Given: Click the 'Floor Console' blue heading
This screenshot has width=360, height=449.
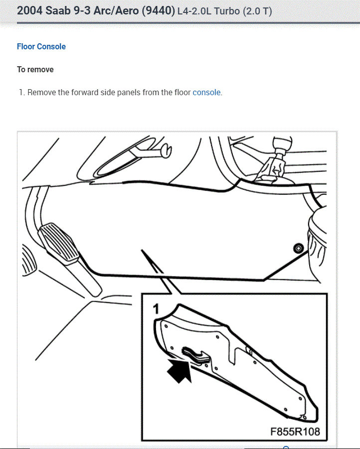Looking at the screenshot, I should (x=41, y=46).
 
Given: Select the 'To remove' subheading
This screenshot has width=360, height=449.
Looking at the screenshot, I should (x=35, y=69).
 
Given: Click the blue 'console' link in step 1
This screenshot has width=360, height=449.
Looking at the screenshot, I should (x=206, y=92).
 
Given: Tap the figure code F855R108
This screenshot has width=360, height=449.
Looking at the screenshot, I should (x=295, y=431).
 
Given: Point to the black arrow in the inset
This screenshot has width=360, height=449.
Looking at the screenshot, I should (x=180, y=371).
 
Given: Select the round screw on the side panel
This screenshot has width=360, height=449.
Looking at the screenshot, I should (x=298, y=248).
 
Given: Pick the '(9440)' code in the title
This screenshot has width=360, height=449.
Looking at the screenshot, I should (x=158, y=10).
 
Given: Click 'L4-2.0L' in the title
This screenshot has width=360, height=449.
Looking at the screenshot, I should (x=193, y=11).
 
